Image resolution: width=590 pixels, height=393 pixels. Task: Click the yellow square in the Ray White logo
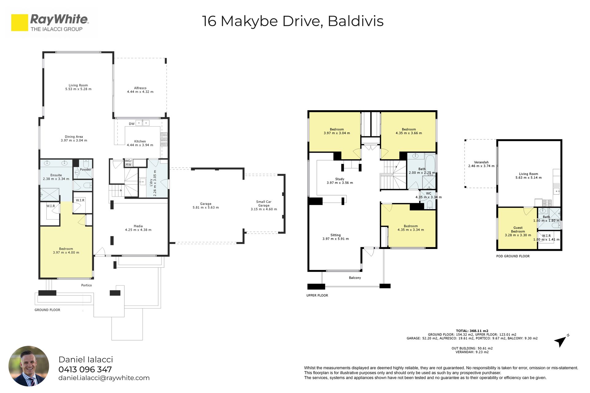click(20, 23)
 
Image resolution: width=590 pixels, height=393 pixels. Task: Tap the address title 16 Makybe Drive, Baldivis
click(293, 21)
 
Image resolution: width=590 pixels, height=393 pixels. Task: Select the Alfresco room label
click(140, 90)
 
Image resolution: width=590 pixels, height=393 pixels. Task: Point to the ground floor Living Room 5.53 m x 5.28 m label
click(78, 87)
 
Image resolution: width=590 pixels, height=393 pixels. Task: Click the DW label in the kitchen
click(132, 124)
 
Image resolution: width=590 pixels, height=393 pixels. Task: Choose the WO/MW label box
click(128, 163)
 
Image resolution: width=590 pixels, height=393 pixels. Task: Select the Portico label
click(86, 285)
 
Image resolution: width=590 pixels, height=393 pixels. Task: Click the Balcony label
click(355, 278)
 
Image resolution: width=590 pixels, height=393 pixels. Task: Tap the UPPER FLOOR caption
click(317, 295)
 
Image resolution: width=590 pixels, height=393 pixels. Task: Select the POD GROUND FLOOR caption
click(513, 256)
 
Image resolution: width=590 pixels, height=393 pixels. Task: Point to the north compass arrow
click(561, 341)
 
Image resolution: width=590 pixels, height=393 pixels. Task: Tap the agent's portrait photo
click(29, 366)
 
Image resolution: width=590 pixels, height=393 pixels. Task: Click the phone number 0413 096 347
click(85, 369)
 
